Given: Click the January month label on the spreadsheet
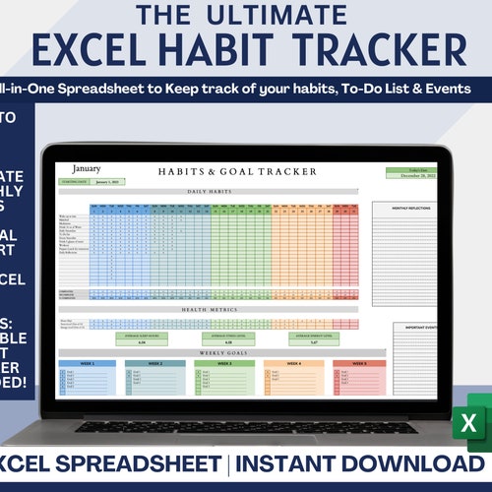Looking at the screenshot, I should point(86,169).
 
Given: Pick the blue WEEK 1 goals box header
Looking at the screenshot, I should point(87,363).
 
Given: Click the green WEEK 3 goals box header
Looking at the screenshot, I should point(224,363).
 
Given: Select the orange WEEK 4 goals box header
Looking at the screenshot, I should point(292,363).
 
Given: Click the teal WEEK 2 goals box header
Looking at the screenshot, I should point(155,363).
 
